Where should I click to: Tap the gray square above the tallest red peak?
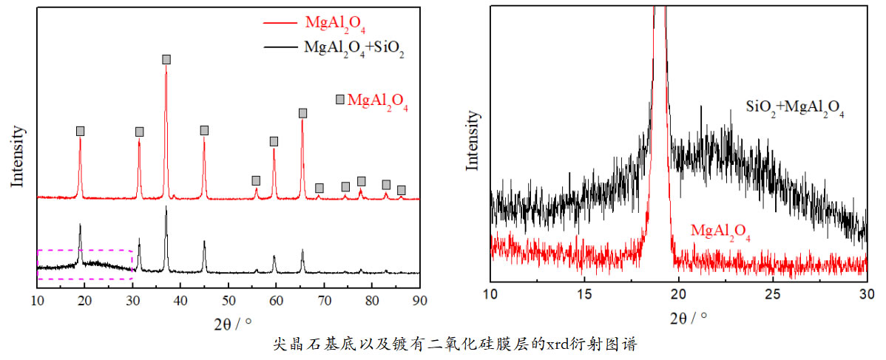coord(166,59)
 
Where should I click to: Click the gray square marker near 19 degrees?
coord(80,131)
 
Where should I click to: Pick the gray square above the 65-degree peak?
coord(302,113)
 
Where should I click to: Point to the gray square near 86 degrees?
coord(402,190)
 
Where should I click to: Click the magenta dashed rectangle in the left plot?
coord(84,265)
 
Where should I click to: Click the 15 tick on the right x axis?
coord(584,293)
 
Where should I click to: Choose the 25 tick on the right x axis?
coord(772,293)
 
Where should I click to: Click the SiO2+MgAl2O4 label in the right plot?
coord(796,112)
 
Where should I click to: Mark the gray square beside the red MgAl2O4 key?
coord(340,100)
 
